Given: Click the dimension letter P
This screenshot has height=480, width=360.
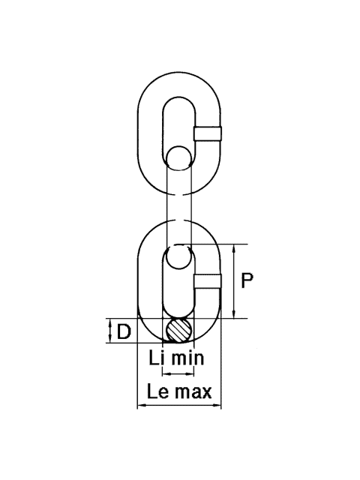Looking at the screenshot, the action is (x=247, y=280).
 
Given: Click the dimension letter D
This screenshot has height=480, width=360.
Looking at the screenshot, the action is (x=124, y=331).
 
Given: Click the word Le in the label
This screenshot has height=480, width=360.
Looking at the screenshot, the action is (x=157, y=391).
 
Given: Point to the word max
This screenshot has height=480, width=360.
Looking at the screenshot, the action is (x=193, y=392).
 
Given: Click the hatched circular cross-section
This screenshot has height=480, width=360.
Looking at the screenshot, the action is (x=178, y=330).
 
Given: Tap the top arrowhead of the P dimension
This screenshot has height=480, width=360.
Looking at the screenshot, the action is (x=234, y=248).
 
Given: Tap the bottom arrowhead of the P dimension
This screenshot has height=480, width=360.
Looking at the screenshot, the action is (x=234, y=314).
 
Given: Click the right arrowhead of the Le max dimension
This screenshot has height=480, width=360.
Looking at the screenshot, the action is (x=217, y=406).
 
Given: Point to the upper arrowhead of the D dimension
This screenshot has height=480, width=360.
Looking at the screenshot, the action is (x=109, y=322).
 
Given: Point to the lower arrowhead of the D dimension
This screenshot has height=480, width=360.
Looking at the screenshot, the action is (x=109, y=339).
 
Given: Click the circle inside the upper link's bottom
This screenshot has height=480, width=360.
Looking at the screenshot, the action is (x=178, y=147).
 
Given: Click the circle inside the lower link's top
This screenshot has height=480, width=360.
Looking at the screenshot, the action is (x=178, y=269).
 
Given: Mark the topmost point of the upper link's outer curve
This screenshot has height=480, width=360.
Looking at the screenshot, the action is (x=178, y=72).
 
